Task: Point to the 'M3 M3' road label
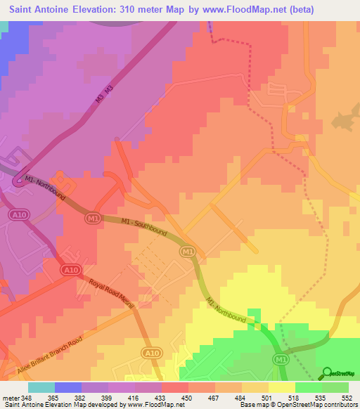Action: click(104, 97)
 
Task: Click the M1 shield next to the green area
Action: click(278, 359)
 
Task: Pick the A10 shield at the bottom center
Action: click(151, 352)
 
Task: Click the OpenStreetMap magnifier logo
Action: click(327, 373)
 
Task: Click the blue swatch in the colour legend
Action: click(68, 387)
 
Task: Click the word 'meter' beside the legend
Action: click(11, 398)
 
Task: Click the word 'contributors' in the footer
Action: click(340, 405)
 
